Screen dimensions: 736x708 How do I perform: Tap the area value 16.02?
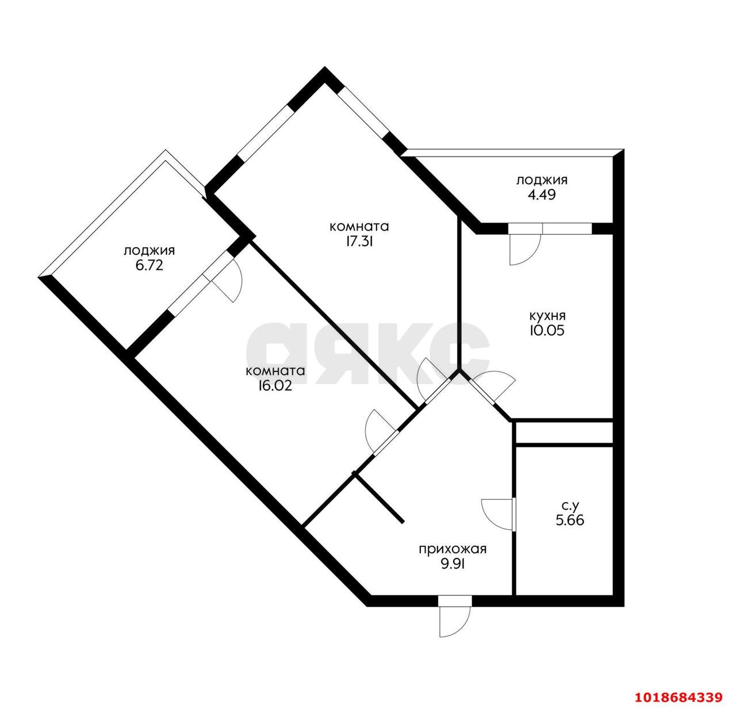coord(275,386)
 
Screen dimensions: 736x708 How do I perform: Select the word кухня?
coord(547,316)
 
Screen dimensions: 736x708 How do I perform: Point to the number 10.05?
coord(547,330)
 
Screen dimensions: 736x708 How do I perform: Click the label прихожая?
coord(453,549)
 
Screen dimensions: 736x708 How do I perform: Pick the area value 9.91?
coord(453,564)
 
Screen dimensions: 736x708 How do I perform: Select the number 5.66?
coord(570,521)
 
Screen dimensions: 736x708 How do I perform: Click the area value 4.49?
coord(542,195)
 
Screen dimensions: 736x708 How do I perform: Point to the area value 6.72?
coord(149,265)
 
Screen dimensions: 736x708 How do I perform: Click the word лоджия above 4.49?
coord(542,180)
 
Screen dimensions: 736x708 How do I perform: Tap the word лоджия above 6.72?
coord(149,251)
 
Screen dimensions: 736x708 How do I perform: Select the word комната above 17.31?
coord(359,227)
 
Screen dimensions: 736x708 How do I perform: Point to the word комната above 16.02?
coord(275,371)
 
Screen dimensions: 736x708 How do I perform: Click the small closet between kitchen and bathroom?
coord(564,433)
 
